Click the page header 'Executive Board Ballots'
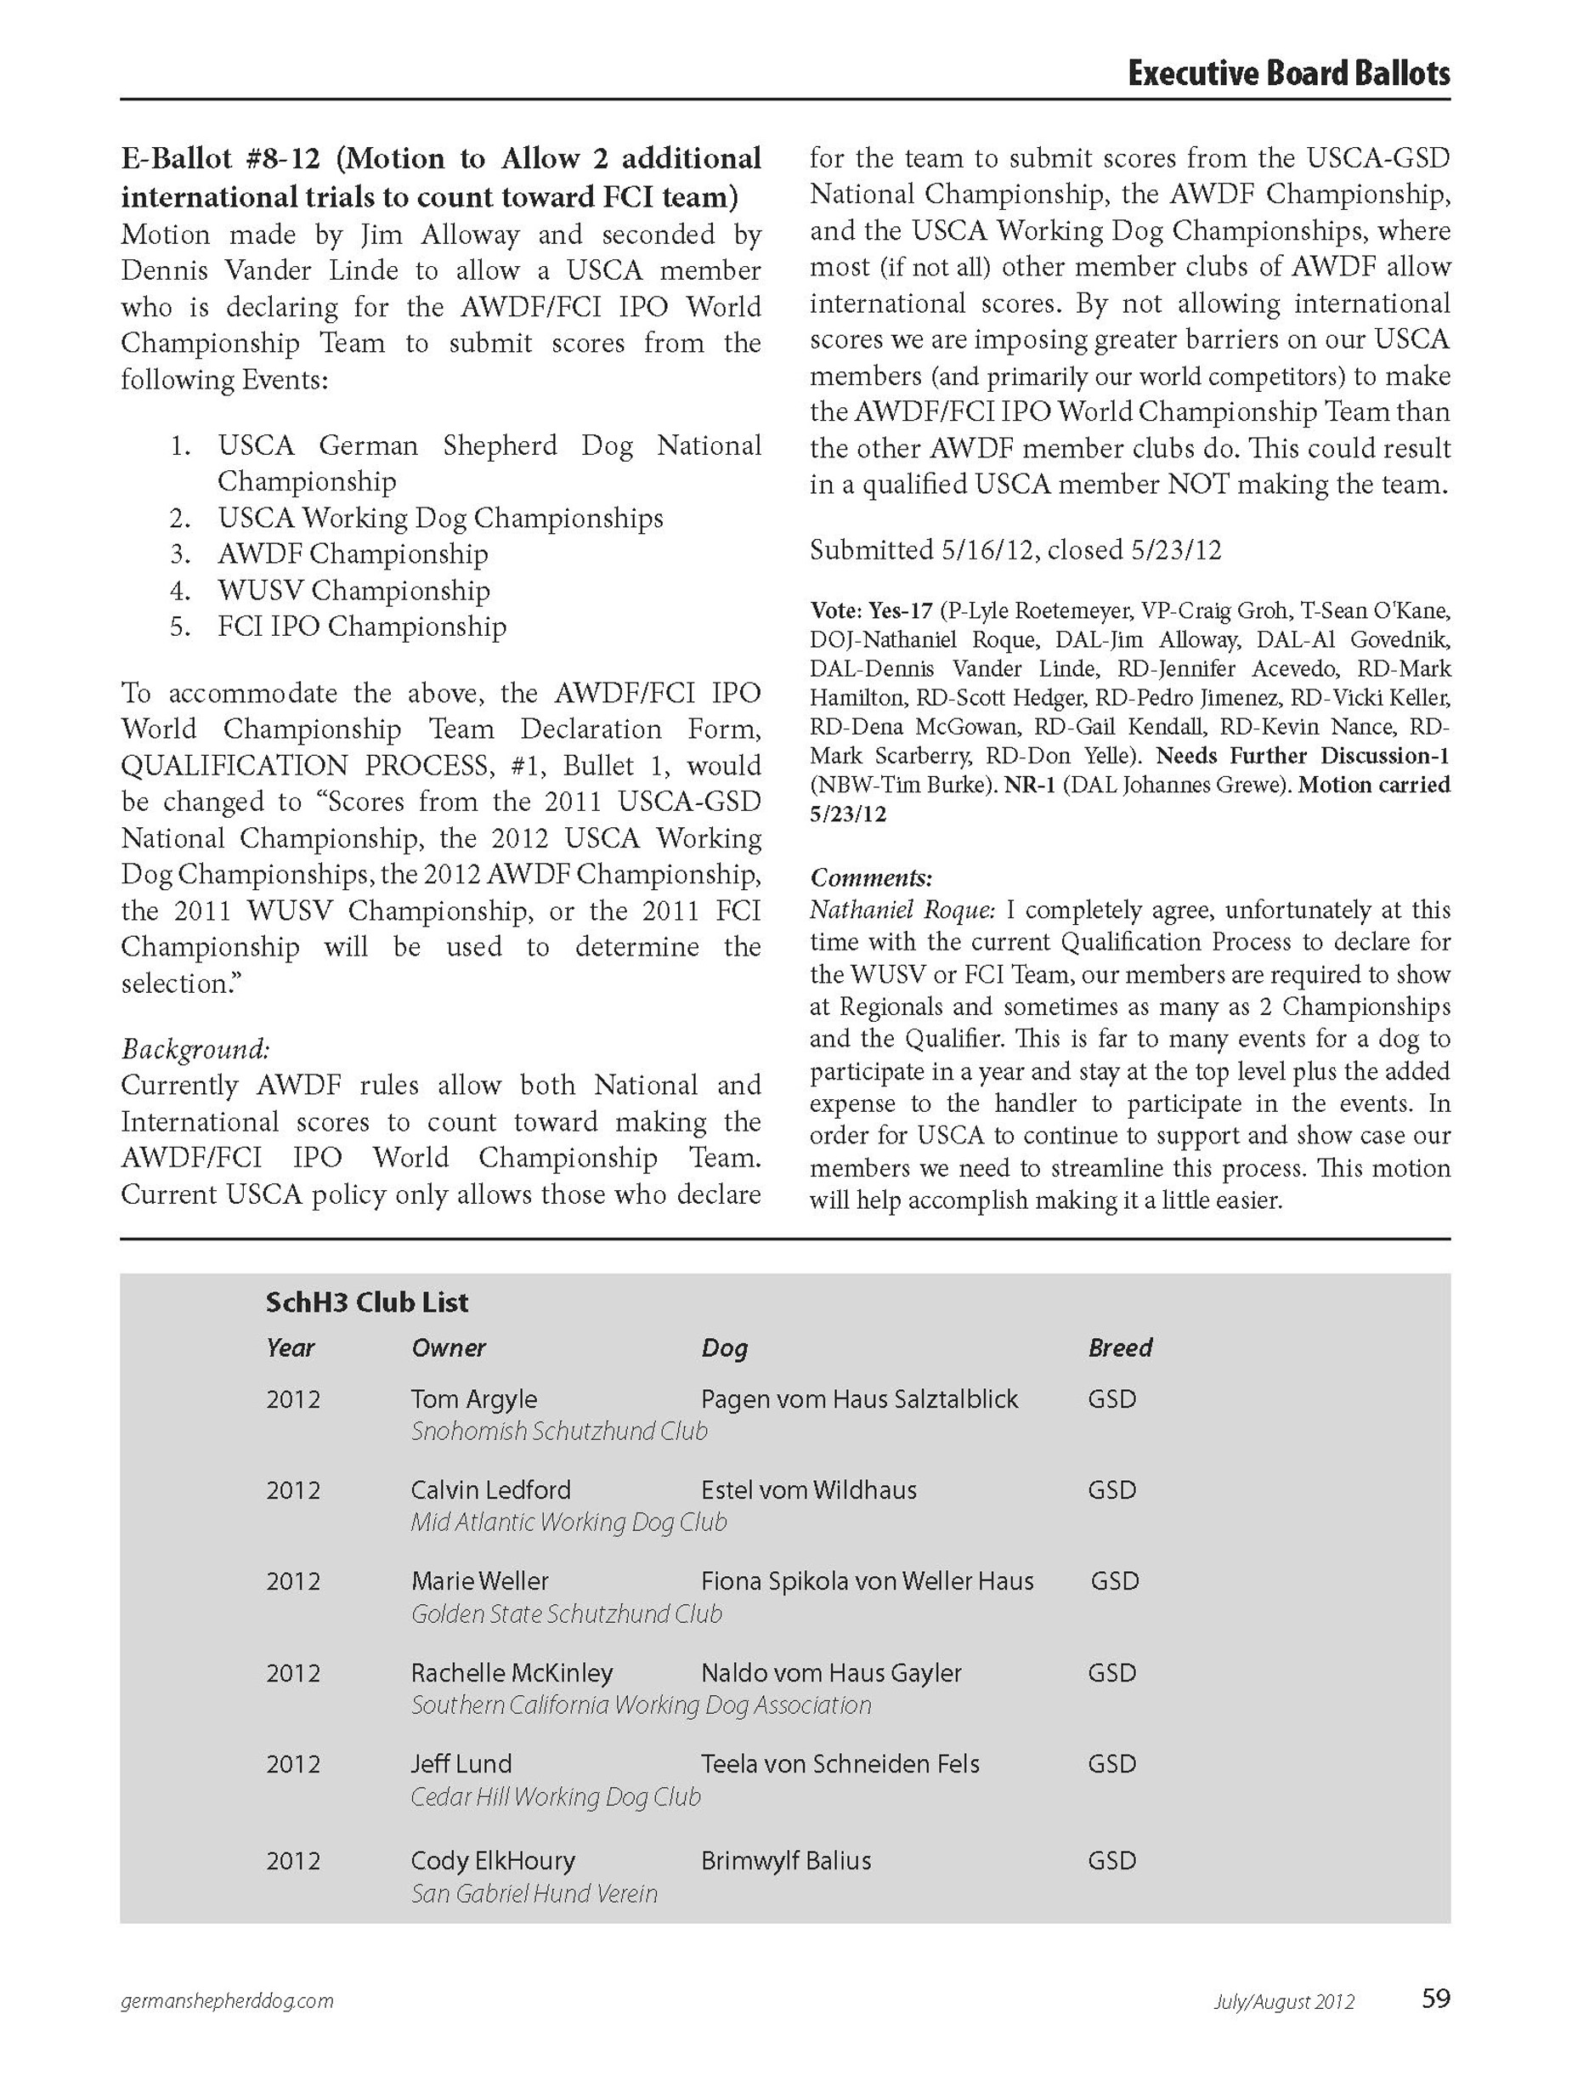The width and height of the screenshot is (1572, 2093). tap(1287, 74)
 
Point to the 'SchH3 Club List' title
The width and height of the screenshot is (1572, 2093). tap(367, 1303)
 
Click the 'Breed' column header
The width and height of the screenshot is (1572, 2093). tap(1120, 1347)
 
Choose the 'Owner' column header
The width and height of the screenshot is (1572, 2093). tap(449, 1347)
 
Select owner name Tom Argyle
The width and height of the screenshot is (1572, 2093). tap(474, 1398)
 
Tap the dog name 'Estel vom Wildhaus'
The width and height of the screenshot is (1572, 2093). tap(809, 1489)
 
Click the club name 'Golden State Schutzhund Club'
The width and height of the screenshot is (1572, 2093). tap(566, 1614)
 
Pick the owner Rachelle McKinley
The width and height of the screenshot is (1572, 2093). tap(512, 1672)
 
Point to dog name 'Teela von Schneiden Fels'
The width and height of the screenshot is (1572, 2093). tap(840, 1763)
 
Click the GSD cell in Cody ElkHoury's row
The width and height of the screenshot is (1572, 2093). tap(1111, 1860)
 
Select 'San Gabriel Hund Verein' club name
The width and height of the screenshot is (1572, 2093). tap(534, 1893)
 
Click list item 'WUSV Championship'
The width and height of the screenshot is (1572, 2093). tap(353, 591)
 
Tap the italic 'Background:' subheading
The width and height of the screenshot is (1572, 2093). tap(195, 1048)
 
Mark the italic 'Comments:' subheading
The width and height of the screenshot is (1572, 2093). tap(871, 877)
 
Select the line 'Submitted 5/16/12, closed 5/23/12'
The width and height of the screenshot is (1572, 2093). tap(1015, 550)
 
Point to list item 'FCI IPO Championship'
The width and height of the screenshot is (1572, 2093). tap(361, 627)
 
